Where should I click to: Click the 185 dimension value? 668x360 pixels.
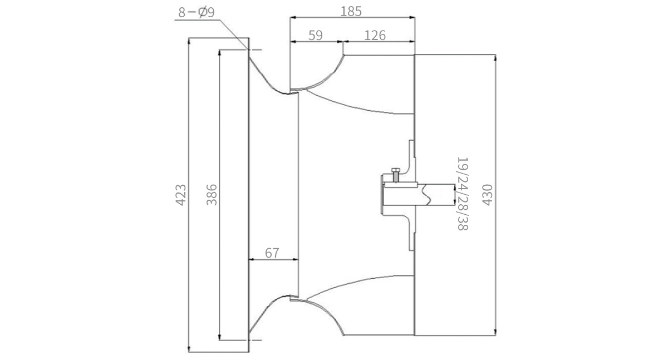[x=351, y=11]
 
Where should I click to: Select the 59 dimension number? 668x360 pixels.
[x=316, y=35]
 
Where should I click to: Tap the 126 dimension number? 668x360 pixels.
[x=375, y=36]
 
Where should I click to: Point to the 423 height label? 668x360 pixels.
[x=180, y=195]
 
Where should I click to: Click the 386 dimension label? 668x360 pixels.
[x=212, y=195]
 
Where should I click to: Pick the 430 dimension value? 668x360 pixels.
[x=487, y=195]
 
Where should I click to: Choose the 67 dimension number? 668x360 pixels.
[x=272, y=253]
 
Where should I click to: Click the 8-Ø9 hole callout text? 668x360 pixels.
[x=196, y=12]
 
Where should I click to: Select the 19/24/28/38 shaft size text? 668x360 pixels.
[x=463, y=194]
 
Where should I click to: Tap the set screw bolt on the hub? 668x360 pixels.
[x=396, y=175]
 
